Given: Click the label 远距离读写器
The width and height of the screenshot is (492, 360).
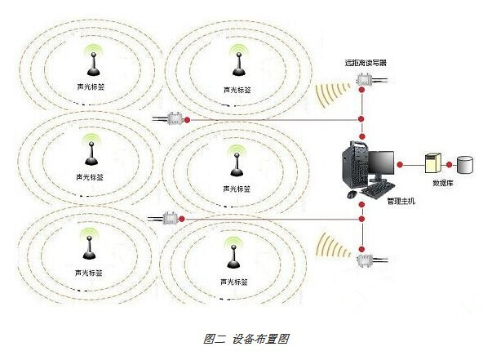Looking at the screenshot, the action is pos(366,63).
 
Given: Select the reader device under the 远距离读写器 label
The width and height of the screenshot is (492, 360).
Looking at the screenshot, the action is pos(364,80).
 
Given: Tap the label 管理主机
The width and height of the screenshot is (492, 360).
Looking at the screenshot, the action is pos(401,201).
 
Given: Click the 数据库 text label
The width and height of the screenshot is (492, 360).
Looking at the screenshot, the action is pos(443,183).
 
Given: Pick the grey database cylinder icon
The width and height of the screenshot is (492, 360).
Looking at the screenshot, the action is pos(465,164).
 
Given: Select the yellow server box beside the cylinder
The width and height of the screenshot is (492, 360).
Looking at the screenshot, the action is pos(433,163).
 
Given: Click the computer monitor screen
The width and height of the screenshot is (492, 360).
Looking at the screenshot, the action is pos(381,163).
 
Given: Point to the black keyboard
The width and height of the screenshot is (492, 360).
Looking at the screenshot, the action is pos(378,189).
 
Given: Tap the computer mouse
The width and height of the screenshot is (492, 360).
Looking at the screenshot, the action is pos(352,194).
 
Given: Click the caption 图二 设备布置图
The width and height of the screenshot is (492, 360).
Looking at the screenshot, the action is pos(246,339).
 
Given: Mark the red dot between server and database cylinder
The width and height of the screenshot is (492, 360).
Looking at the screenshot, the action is pos(449,164).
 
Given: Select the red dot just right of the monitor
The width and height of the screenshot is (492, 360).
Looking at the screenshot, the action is pos(400,164).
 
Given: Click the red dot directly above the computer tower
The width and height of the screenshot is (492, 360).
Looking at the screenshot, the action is pos(362,136).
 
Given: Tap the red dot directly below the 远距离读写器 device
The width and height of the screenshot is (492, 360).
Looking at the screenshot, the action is pos(361,90).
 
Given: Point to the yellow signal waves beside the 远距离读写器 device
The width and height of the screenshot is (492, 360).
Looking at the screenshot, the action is pos(332,91).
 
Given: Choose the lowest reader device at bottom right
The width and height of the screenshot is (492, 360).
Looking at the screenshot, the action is pos(365,260).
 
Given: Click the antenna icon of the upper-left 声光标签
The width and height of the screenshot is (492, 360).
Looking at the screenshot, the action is pos(93,64).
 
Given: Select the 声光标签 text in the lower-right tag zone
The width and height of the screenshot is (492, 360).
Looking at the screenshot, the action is pos(234,282).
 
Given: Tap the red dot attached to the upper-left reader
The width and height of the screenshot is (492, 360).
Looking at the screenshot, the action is pos(187,119).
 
